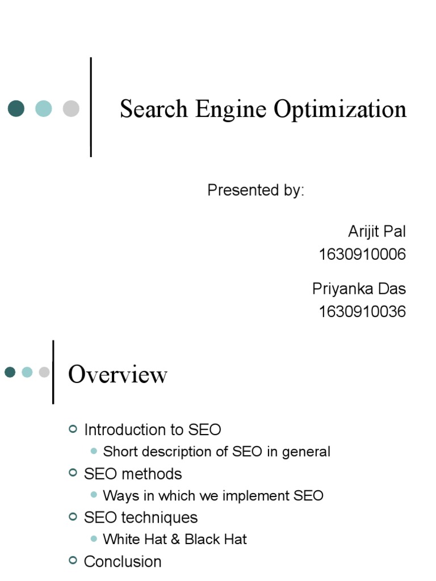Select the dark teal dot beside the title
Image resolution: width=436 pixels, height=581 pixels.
16,108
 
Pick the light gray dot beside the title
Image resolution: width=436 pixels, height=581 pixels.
71,108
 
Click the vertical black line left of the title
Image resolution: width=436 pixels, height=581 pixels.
91,107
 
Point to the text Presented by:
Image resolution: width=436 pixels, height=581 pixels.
255,191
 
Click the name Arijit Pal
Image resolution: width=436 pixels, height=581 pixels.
376,231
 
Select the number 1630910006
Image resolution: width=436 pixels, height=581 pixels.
362,255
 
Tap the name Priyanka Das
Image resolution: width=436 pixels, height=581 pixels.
359,289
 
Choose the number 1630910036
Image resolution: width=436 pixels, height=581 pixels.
362,311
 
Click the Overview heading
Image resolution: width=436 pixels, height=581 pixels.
118,375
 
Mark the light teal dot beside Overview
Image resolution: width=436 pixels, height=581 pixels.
27,372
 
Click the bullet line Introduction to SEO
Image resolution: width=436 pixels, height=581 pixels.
152,430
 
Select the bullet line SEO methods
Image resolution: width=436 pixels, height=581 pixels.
133,474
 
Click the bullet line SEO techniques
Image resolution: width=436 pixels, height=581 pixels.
141,517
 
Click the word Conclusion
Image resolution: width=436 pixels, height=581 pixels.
123,562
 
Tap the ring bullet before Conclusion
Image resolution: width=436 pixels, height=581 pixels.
72,561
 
